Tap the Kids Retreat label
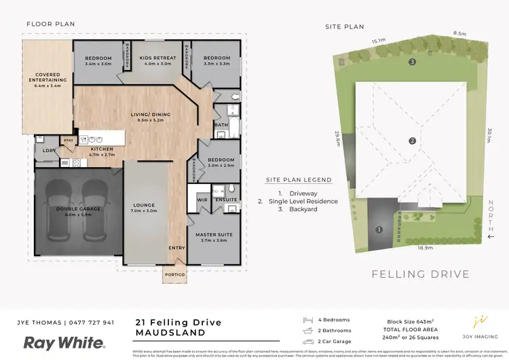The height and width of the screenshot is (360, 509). (x=157, y=58)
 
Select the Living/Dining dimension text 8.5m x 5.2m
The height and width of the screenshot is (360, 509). (x=150, y=120)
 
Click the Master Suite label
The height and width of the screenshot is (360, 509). (x=215, y=235)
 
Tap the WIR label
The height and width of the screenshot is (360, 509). (x=202, y=200)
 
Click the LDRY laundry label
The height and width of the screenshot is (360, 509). (x=48, y=150)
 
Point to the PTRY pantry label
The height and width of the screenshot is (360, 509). (x=68, y=140)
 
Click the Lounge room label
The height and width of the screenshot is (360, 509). (x=144, y=205)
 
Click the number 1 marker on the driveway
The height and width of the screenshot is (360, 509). (x=379, y=230)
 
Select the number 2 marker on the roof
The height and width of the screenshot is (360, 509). (x=412, y=141)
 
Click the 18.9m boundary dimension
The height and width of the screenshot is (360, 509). (x=426, y=248)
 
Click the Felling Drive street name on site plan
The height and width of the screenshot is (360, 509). (x=420, y=274)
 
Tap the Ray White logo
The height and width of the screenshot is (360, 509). (x=64, y=342)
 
